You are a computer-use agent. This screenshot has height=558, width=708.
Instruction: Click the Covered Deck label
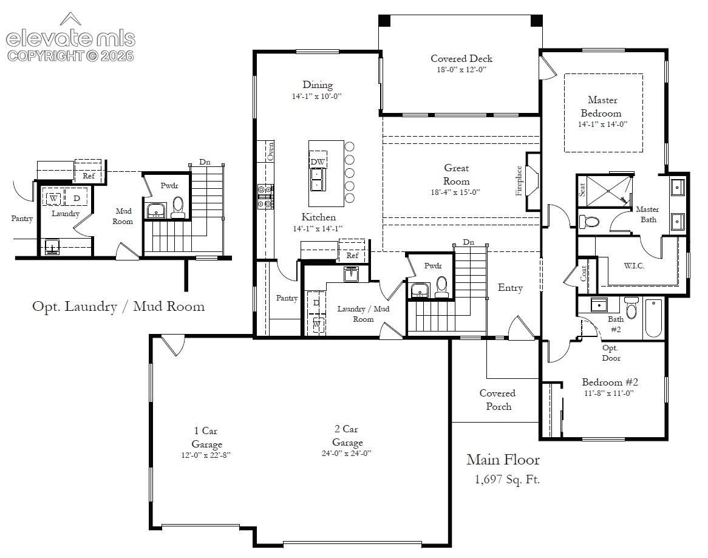coord(461,58)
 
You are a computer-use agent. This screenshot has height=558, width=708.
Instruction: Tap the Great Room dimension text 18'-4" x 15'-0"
coord(455,192)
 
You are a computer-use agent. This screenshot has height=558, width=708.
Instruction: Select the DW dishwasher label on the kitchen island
coord(318,162)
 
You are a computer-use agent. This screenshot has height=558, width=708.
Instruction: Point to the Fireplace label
coord(519,180)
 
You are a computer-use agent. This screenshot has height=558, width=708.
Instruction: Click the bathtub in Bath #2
coord(653,318)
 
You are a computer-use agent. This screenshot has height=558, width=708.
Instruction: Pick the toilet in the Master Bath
coord(589,221)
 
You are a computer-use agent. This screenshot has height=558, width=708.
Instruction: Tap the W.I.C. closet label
coord(634,265)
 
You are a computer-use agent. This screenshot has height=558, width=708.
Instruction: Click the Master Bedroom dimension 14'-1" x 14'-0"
coord(603,124)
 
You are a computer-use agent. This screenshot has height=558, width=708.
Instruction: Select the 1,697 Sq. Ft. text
coord(507,479)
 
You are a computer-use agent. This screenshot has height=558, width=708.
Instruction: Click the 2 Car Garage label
coord(347,435)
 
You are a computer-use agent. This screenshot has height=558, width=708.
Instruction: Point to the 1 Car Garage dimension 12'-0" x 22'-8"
coord(206,455)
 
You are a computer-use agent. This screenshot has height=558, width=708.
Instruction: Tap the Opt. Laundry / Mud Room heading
coord(118,307)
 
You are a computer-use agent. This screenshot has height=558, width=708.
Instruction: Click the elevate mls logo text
coord(70,38)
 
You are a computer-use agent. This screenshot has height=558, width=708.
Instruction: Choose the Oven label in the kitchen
coord(270,151)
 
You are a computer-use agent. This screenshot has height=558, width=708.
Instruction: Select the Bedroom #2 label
coord(610,382)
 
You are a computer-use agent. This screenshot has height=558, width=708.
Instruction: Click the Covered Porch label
coord(497,400)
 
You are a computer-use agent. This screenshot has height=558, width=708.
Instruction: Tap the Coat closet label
coord(584,273)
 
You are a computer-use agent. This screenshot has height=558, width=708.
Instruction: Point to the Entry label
coord(510,288)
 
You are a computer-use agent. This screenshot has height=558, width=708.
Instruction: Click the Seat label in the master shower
coord(582,189)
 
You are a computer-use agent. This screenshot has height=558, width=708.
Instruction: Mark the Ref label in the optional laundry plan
coord(89,175)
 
